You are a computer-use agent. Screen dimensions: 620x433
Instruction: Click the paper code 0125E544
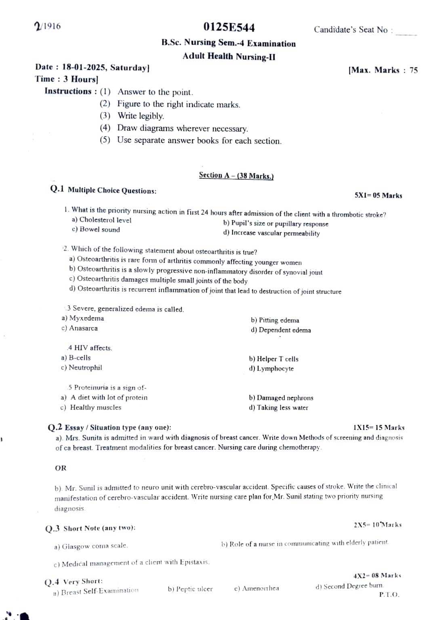229,27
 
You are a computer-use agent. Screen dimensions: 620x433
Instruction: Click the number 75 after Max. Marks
413,70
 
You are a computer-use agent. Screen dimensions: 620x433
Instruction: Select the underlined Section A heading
236,176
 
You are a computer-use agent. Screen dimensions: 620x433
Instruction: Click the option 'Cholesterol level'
105,220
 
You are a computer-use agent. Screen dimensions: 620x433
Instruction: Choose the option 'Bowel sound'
99,230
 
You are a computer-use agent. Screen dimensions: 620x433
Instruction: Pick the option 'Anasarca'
83,328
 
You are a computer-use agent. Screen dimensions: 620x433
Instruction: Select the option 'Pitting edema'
279,320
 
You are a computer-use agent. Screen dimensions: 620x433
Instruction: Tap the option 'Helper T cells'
277,359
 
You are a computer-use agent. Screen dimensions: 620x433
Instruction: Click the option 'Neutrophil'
85,368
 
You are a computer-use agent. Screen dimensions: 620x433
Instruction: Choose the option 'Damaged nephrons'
285,398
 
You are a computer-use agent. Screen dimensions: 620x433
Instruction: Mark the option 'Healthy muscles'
95,408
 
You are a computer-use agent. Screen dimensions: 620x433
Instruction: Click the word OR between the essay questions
61,468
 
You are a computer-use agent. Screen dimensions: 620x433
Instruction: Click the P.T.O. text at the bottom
389,595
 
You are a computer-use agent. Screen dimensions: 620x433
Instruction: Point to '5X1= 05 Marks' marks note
378,196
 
